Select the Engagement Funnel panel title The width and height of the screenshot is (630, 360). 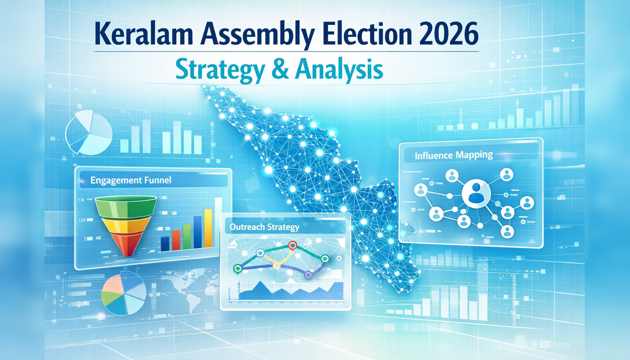(x=130, y=180)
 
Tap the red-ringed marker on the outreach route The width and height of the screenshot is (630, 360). (x=292, y=245)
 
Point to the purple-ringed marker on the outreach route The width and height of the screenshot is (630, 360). (x=308, y=275)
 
